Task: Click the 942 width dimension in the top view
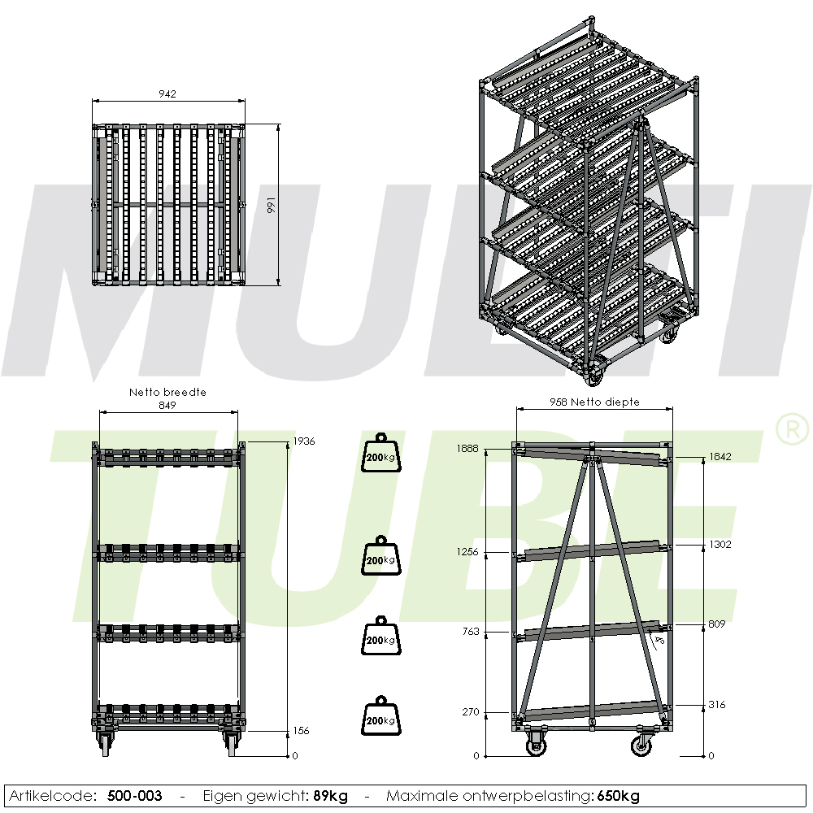pyautogui.click(x=167, y=93)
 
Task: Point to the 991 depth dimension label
pyautogui.click(x=272, y=206)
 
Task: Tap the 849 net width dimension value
pyautogui.click(x=167, y=405)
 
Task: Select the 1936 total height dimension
pyautogui.click(x=304, y=441)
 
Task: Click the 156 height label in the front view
pyautogui.click(x=301, y=731)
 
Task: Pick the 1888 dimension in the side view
pyautogui.click(x=467, y=449)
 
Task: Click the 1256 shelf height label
pyautogui.click(x=467, y=552)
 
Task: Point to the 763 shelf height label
pyautogui.click(x=471, y=632)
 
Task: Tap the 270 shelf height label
pyautogui.click(x=471, y=712)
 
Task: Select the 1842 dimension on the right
pyautogui.click(x=720, y=456)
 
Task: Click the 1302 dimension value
pyautogui.click(x=720, y=544)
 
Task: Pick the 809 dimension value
pyautogui.click(x=716, y=624)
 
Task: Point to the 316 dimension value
pyautogui.click(x=716, y=704)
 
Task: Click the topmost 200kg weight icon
pyautogui.click(x=381, y=453)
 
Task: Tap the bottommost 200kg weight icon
pyautogui.click(x=381, y=716)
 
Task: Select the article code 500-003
pyautogui.click(x=135, y=795)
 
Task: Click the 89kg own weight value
pyautogui.click(x=330, y=796)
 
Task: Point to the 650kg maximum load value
pyautogui.click(x=618, y=796)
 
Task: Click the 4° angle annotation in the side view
pyautogui.click(x=659, y=641)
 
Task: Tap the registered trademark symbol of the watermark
pyautogui.click(x=792, y=428)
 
